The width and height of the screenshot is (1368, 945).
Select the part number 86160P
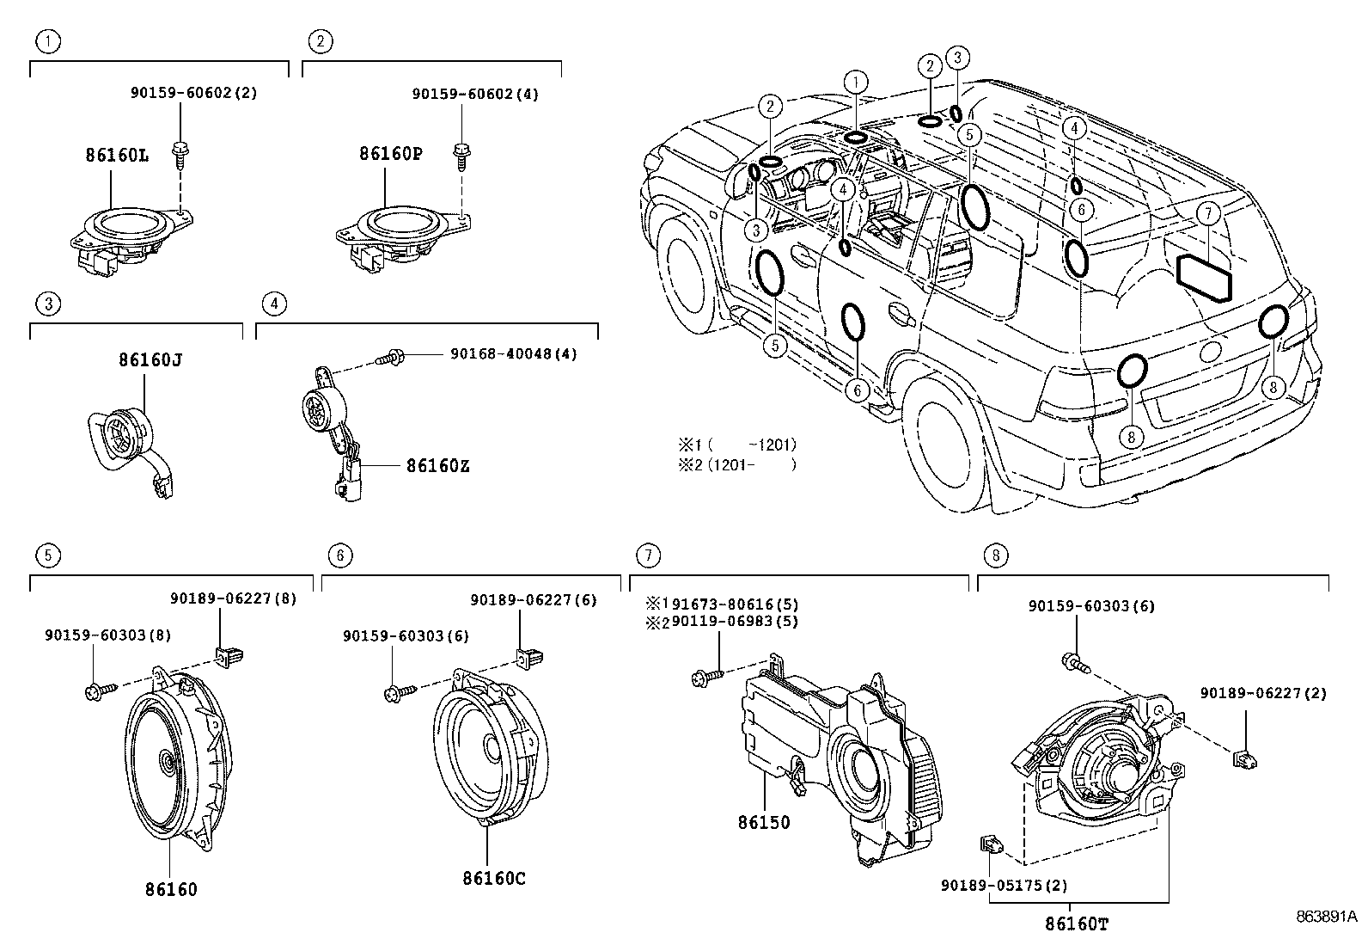pos(390,154)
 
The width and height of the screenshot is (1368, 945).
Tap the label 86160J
pos(150,359)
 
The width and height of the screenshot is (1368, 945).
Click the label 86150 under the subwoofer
pos(763,822)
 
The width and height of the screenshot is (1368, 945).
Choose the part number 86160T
pos(1077,924)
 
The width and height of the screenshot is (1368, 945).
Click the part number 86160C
pos(493,878)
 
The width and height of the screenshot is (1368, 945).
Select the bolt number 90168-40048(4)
pos(512,353)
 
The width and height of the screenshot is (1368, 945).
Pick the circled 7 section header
pos(649,555)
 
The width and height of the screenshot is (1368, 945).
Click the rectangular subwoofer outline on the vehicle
pos(1204,278)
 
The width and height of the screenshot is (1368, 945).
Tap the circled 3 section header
pos(49,303)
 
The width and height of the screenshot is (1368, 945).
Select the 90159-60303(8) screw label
pos(108,635)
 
